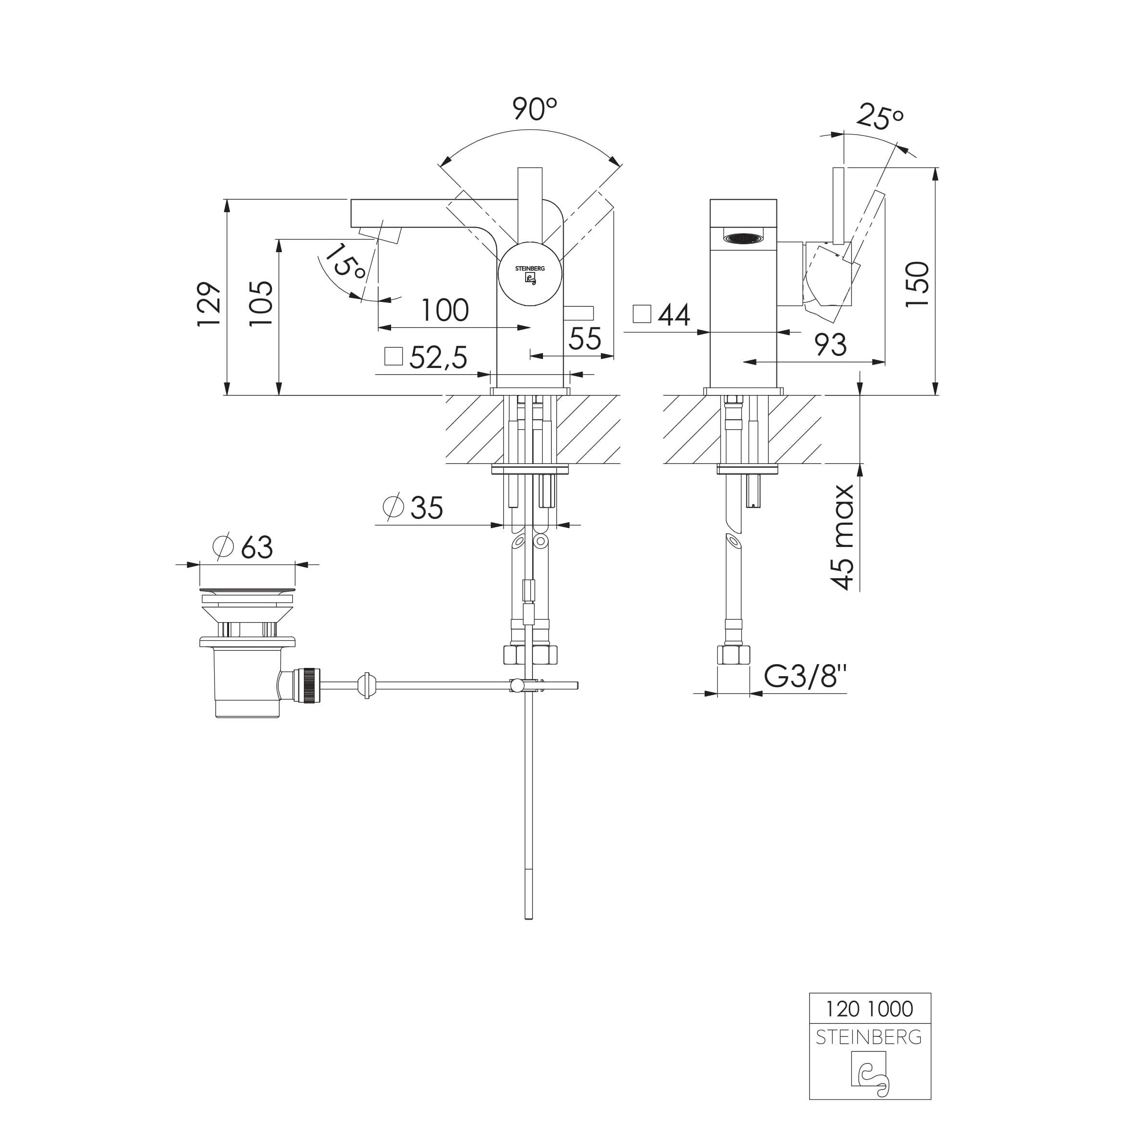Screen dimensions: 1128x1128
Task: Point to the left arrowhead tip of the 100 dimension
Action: tap(379, 327)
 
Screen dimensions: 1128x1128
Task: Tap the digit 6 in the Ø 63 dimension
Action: tap(249, 547)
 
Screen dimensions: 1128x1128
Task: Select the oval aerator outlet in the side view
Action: tap(743, 238)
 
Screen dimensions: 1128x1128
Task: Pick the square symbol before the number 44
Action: tap(642, 314)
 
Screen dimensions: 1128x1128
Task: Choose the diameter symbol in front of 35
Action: tap(394, 507)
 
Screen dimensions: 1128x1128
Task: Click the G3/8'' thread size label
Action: tap(806, 677)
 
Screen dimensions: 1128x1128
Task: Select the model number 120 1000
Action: tap(870, 1009)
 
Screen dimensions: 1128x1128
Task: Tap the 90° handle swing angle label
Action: tap(535, 108)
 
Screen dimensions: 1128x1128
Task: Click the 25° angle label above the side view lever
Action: tap(881, 116)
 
